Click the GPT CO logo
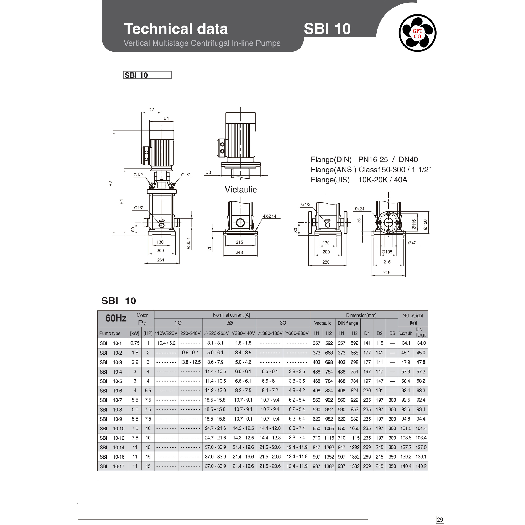click(417, 33)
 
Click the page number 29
click(439, 519)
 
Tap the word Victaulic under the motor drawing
click(240, 190)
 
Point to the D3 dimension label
click(208, 172)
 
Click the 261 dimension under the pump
click(161, 260)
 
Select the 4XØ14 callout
click(269, 216)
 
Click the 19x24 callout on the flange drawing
click(358, 209)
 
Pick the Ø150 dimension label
click(425, 224)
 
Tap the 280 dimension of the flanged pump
click(326, 262)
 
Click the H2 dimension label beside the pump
click(111, 184)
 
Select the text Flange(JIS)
click(330, 180)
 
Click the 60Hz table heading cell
click(116, 318)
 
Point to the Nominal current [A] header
click(231, 315)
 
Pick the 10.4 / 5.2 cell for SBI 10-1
click(166, 343)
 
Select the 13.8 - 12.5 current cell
click(190, 362)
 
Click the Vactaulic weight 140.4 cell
click(406, 466)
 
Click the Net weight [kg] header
click(413, 319)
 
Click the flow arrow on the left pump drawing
click(162, 221)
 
